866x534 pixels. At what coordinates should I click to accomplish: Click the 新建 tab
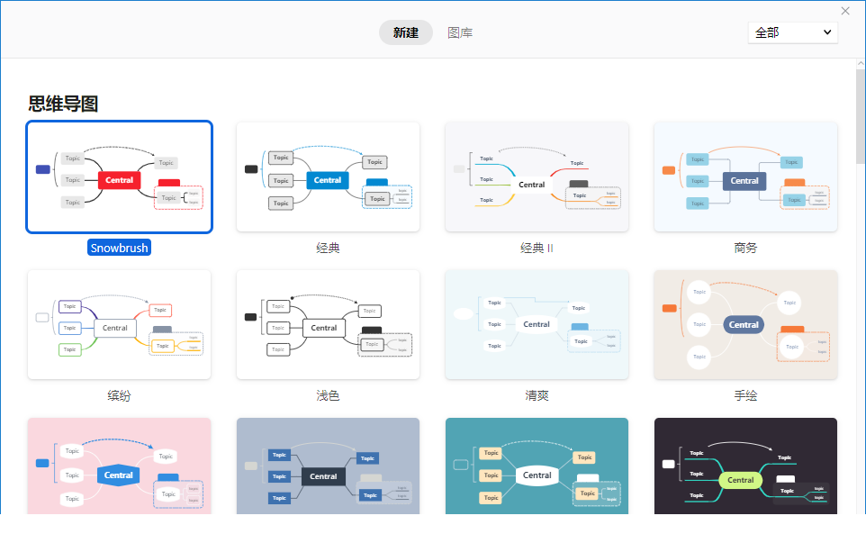pos(405,33)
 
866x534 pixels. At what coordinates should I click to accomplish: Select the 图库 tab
pos(460,33)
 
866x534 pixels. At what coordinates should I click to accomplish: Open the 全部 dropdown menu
pos(792,32)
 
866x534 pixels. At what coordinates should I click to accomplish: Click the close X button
pos(845,11)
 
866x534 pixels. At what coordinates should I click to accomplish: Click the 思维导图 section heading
pos(63,104)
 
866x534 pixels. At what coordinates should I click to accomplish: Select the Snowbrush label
pos(119,248)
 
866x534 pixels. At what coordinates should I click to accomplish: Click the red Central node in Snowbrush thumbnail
pos(119,180)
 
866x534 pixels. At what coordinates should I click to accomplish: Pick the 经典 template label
pos(328,248)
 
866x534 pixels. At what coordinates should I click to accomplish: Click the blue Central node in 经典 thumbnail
pos(328,180)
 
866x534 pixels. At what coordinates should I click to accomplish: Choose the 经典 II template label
pos(537,248)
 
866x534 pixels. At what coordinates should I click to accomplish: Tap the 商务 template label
pos(745,248)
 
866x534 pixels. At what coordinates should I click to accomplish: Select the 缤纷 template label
pos(119,395)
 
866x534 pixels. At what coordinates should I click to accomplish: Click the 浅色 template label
pos(328,395)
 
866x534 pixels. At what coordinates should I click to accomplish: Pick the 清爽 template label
pos(537,395)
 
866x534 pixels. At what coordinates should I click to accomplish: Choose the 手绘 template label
pos(745,395)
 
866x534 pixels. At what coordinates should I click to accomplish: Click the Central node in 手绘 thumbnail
pos(744,325)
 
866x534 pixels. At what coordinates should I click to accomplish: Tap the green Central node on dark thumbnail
pos(741,480)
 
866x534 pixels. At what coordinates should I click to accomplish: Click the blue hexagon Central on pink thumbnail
pos(119,475)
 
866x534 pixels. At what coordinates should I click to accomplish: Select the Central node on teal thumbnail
pos(537,475)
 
